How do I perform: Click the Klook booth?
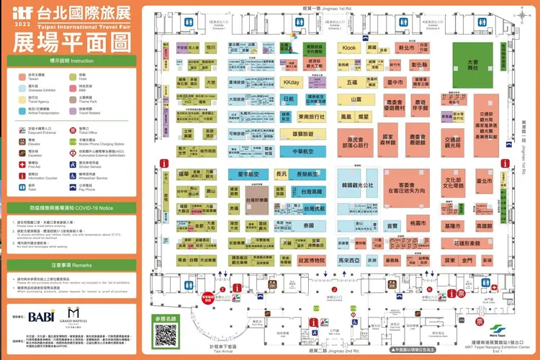349,48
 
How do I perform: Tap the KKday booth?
291,82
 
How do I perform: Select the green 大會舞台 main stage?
472,63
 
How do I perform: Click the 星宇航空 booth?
248,174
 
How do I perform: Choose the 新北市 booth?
407,48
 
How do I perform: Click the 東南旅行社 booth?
311,116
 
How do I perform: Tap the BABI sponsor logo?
42,315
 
